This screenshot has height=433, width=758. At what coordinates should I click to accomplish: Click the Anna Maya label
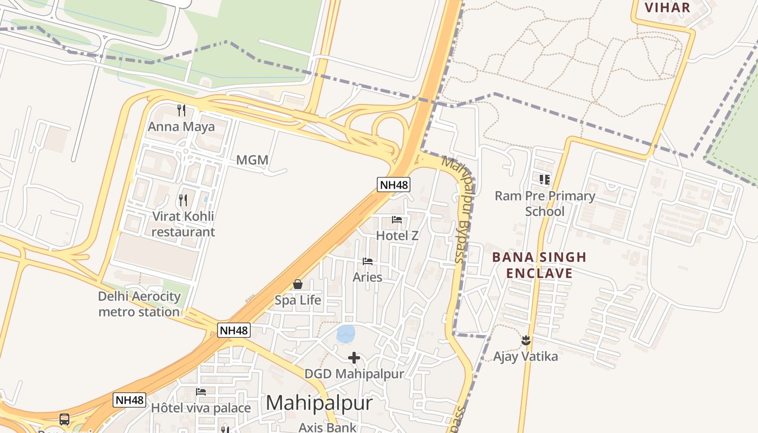182,127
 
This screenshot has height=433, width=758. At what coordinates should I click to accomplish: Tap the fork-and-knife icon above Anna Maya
182,110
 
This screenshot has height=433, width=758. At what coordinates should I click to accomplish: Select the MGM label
252,160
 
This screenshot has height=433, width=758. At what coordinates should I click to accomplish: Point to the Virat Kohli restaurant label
183,224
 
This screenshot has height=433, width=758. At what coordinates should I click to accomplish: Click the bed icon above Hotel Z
397,220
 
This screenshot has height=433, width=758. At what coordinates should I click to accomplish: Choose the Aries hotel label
367,277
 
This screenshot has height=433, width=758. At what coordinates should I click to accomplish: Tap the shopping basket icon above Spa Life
298,284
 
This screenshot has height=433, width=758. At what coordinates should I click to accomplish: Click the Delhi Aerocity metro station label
139,304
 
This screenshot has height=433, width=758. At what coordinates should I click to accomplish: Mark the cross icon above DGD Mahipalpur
354,358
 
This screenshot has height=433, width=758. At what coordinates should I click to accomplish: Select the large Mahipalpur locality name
319,403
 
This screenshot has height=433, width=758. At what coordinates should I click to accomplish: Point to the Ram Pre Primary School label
545,204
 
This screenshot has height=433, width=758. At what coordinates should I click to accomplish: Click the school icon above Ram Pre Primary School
545,179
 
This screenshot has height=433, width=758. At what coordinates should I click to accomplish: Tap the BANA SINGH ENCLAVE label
539,265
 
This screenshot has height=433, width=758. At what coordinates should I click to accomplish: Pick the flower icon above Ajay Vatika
525,340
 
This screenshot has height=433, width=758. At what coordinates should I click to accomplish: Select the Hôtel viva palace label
201,408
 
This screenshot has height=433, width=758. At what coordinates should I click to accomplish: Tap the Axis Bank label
328,427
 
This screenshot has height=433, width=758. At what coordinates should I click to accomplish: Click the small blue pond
345,333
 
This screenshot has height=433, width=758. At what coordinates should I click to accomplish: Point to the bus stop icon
64,419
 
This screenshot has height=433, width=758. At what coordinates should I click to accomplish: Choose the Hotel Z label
397,236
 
